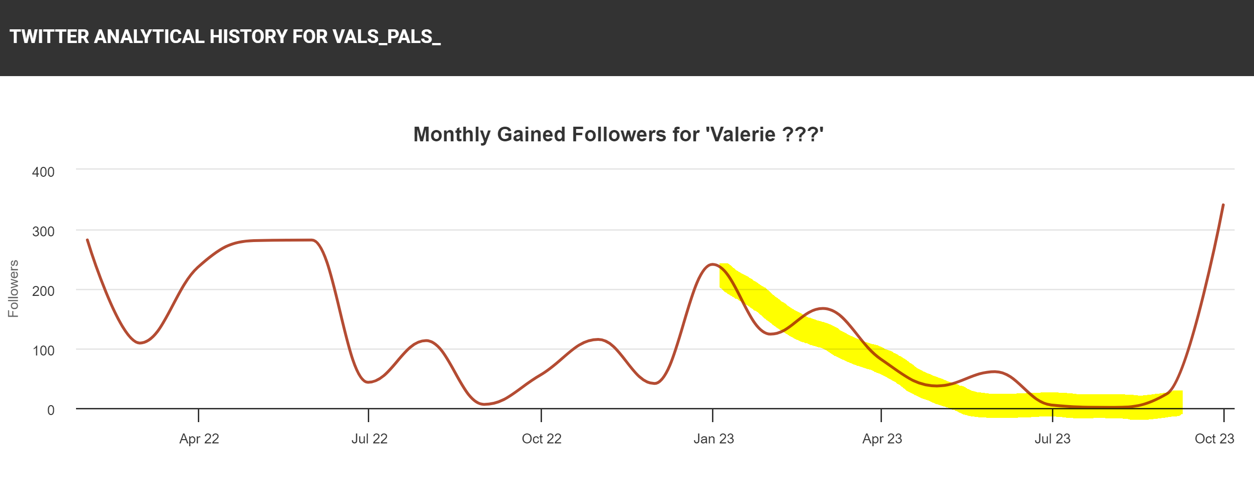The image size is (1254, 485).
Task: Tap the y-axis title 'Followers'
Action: [13, 288]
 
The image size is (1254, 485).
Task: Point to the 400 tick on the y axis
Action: [43, 172]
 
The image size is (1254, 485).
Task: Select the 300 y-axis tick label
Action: [43, 232]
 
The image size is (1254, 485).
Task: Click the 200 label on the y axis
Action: [43, 291]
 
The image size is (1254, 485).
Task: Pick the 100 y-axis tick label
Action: [43, 350]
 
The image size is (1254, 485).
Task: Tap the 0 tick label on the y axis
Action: [51, 410]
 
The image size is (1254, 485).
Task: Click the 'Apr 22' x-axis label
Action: [199, 439]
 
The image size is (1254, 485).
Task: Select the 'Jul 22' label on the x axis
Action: [370, 439]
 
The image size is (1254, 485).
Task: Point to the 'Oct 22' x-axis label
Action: [542, 439]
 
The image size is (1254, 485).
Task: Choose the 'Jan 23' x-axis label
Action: [713, 439]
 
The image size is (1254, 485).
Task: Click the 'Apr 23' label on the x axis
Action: [882, 439]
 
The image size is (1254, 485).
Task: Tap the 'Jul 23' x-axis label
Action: [1052, 439]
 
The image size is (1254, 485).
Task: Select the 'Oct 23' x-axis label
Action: [1214, 439]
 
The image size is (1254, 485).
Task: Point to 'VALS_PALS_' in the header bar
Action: [387, 37]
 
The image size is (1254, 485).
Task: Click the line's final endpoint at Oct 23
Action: [1223, 205]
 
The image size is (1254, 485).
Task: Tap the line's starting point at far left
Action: [88, 240]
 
